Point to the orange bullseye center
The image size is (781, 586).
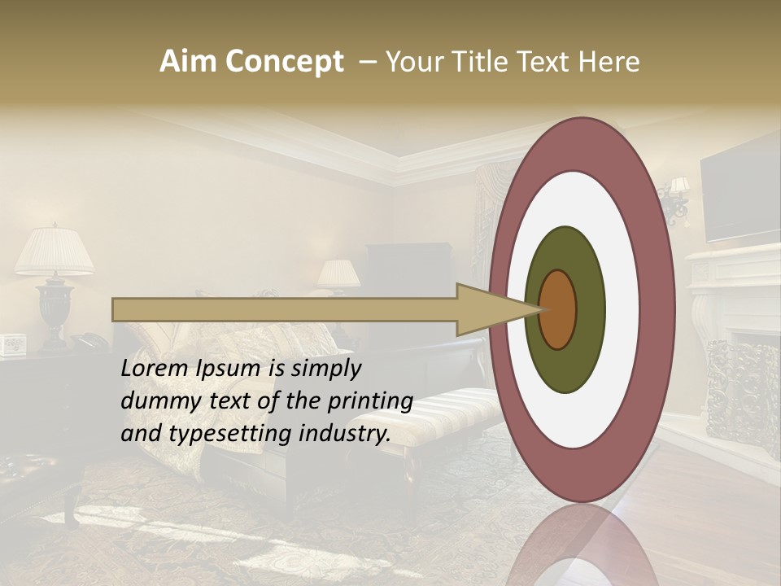coord(558,309)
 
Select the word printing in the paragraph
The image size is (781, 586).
coord(373,401)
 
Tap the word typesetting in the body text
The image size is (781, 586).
coord(233,434)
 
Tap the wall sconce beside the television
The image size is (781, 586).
coord(676,199)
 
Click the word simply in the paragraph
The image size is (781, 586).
coord(326,369)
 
